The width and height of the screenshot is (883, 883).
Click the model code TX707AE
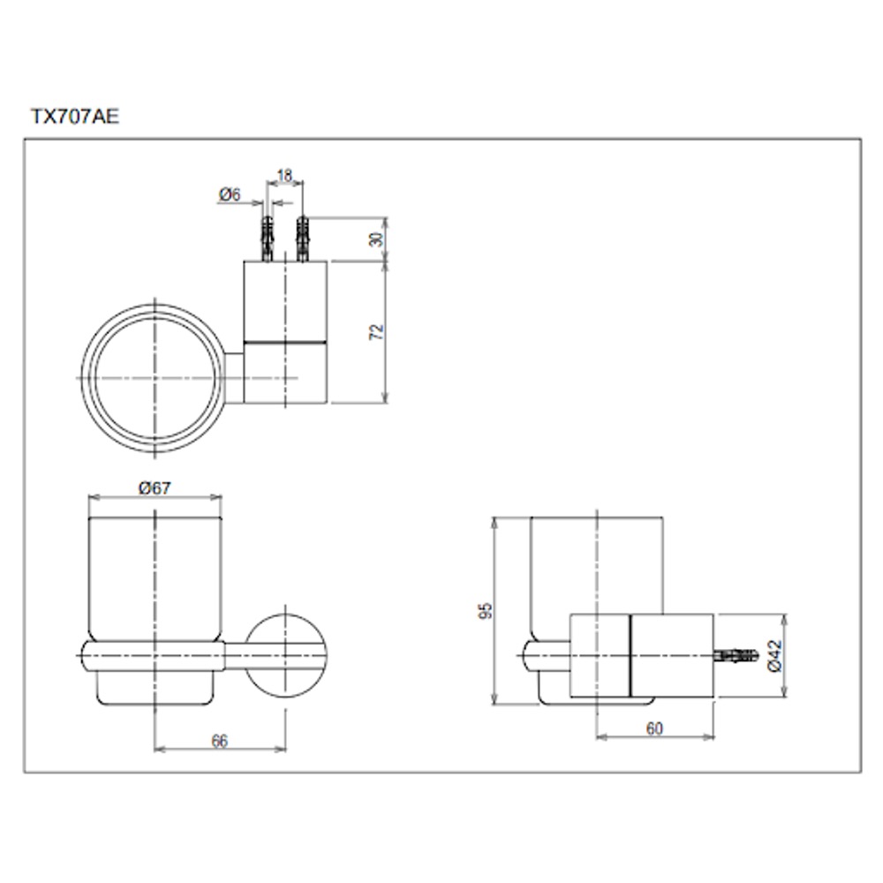click(75, 117)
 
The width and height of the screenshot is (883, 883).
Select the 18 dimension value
click(285, 175)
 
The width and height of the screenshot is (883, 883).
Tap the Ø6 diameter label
click(230, 194)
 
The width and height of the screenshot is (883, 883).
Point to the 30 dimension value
click(376, 238)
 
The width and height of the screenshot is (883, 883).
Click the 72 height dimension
click(376, 332)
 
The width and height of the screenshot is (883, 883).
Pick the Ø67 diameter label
click(155, 487)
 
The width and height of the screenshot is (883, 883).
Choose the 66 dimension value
click(220, 741)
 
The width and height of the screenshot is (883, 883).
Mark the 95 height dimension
click(485, 611)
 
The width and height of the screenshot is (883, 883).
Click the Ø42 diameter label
click(775, 655)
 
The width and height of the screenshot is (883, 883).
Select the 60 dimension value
click(654, 728)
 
